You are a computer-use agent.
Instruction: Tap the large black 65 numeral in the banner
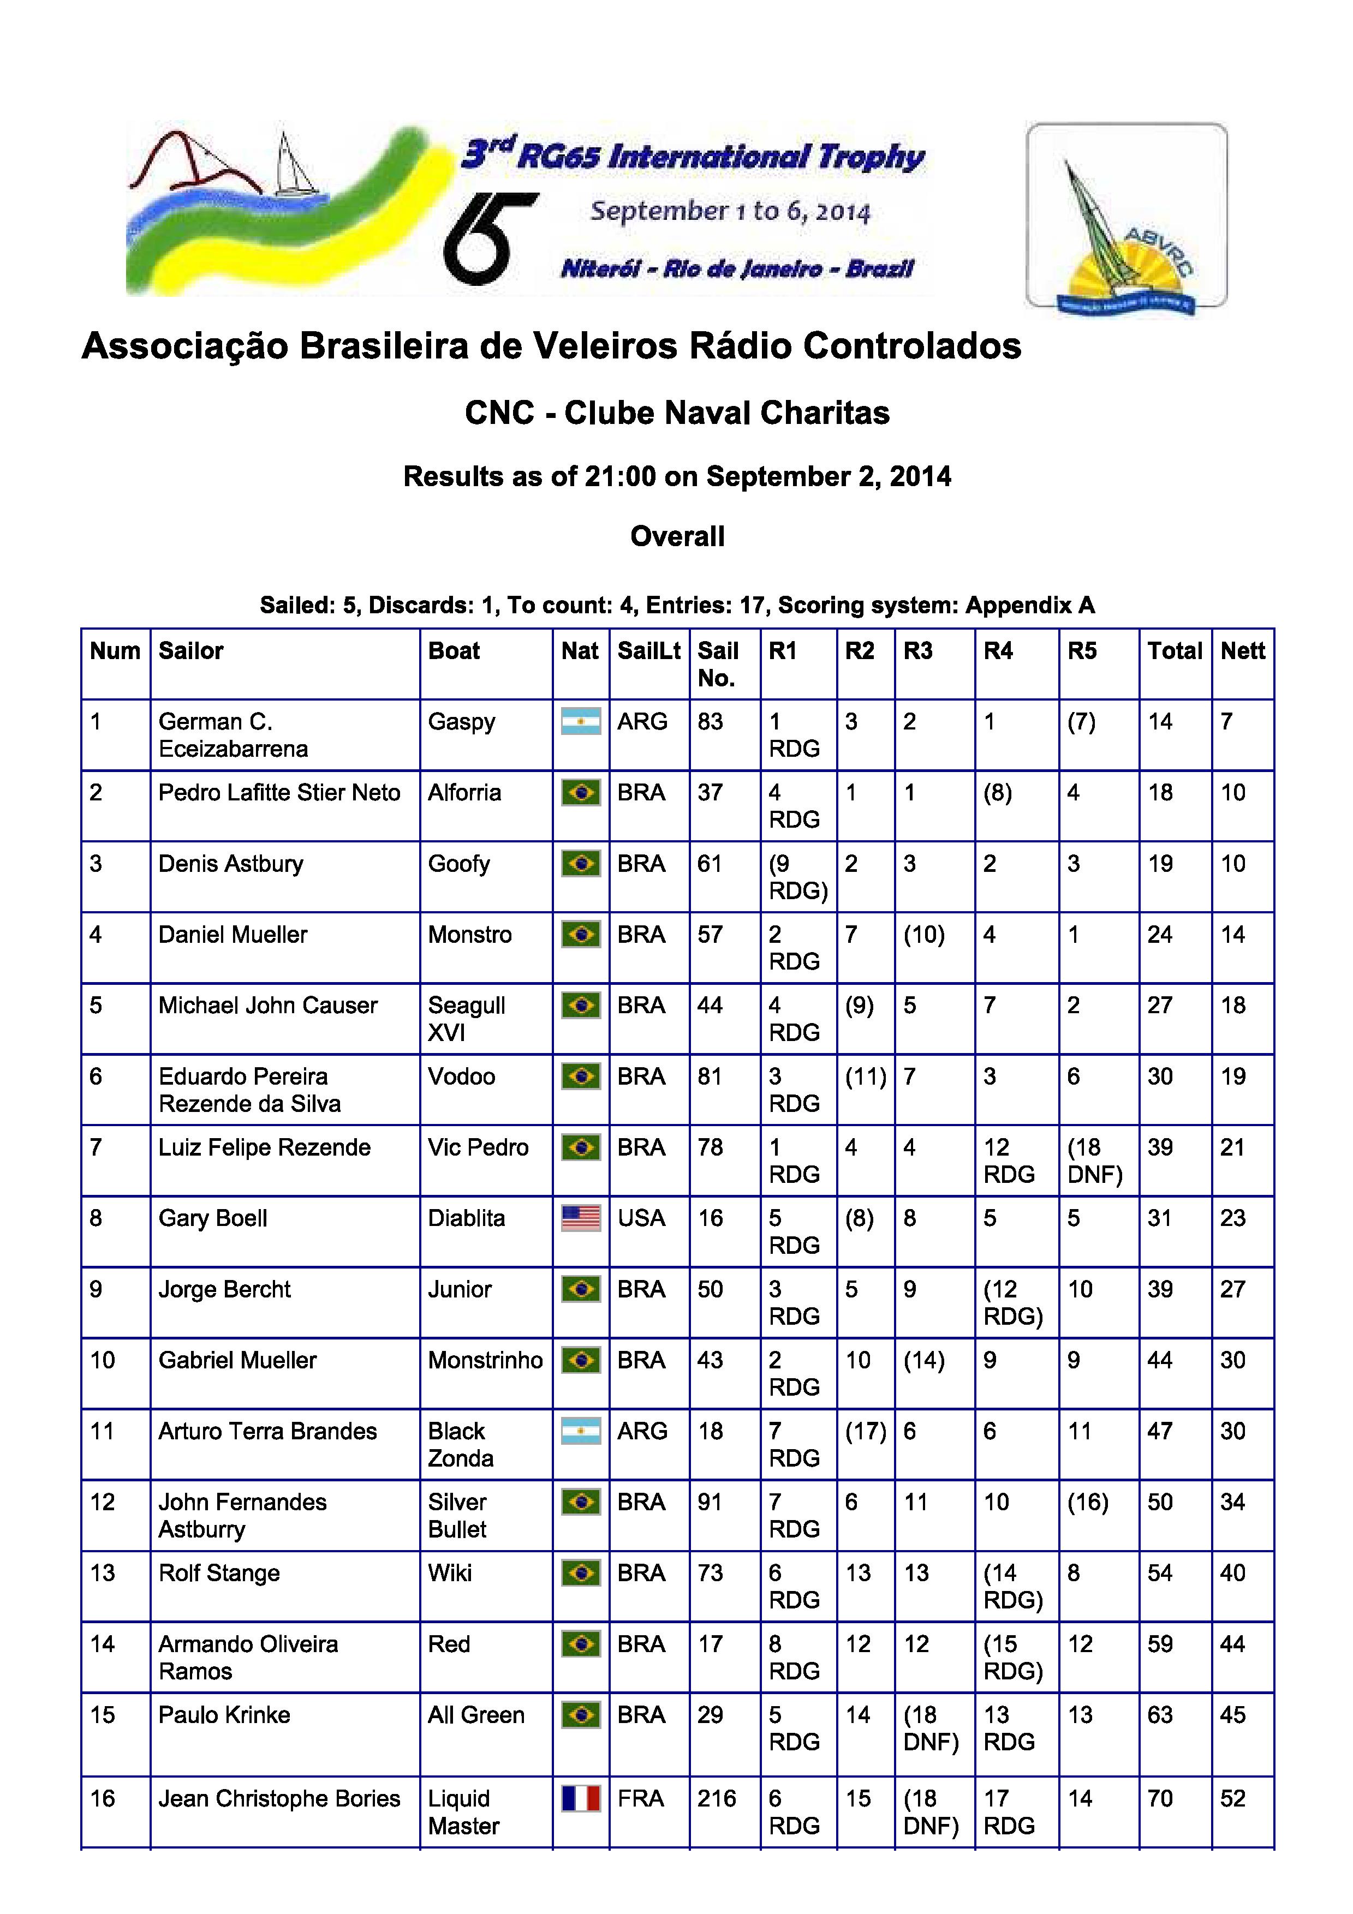point(488,237)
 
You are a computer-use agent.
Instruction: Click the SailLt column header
point(648,651)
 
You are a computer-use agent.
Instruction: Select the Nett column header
point(1242,651)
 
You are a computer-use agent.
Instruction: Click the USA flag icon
point(581,1219)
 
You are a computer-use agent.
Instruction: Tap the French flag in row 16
point(581,1799)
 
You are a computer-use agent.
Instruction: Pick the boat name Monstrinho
point(485,1360)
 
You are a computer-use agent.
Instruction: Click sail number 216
point(717,1799)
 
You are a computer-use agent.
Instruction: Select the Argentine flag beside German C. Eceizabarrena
point(581,722)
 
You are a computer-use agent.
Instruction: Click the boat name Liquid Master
point(463,1813)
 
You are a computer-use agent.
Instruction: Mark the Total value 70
point(1160,1799)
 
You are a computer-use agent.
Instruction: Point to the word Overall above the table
point(677,536)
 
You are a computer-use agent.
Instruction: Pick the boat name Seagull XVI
point(467,1019)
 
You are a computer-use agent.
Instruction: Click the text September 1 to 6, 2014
point(730,211)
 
